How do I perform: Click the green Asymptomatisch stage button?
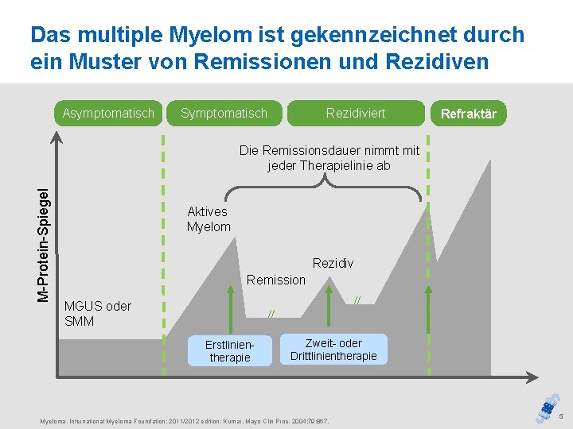click(108, 113)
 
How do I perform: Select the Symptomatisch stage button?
click(224, 113)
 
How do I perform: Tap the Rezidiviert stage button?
click(355, 113)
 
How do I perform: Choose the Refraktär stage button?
click(469, 114)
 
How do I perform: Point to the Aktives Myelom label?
click(208, 218)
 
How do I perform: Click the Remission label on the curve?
click(275, 280)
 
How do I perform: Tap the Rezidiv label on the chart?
click(333, 263)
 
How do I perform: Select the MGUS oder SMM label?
click(97, 314)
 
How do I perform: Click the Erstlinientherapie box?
click(229, 350)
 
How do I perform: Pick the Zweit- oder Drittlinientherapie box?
click(333, 350)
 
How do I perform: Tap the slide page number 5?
click(559, 417)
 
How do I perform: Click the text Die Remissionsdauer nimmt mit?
click(329, 150)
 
